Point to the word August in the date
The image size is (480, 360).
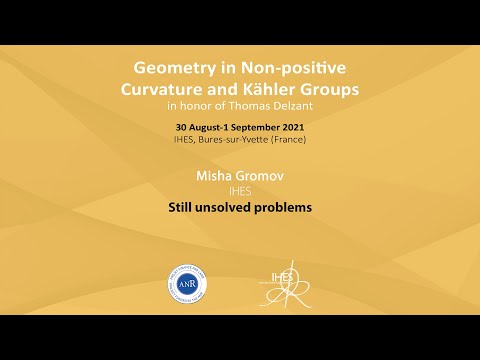[204, 128]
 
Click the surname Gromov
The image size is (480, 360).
[256, 174]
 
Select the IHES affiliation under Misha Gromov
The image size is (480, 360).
[240, 190]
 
